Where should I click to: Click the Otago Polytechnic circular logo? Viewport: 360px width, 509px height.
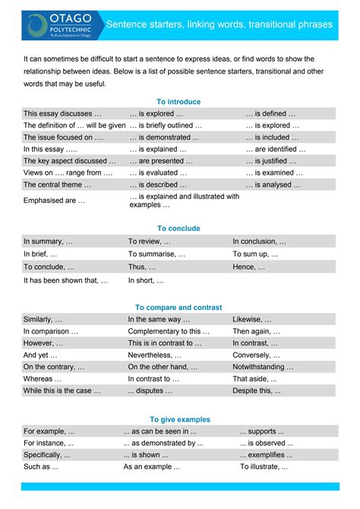pyautogui.click(x=36, y=24)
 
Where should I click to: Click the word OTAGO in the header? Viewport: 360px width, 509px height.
pyautogui.click(x=71, y=17)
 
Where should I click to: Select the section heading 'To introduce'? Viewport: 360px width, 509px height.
pyautogui.click(x=178, y=101)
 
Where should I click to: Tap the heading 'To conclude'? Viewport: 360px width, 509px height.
pyautogui.click(x=178, y=228)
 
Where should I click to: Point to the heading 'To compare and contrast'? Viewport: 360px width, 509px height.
pyautogui.click(x=178, y=307)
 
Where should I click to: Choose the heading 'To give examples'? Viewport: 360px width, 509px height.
pyautogui.click(x=179, y=419)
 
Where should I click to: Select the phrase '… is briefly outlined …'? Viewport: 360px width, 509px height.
pyautogui.click(x=166, y=125)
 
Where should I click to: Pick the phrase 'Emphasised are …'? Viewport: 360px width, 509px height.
pyautogui.click(x=54, y=201)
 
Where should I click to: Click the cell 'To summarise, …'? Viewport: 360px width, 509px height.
pyautogui.click(x=150, y=254)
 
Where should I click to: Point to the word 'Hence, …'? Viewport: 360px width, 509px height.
pyautogui.click(x=249, y=267)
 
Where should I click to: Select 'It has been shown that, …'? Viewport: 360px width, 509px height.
pyautogui.click(x=65, y=280)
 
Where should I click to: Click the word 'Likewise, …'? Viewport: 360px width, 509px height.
pyautogui.click(x=252, y=320)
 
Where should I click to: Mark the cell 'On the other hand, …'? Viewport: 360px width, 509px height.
pyautogui.click(x=157, y=367)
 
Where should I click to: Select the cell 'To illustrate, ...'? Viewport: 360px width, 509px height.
pyautogui.click(x=264, y=466)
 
